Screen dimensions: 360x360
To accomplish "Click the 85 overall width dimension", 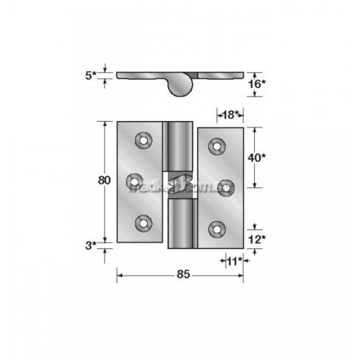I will pos(181,274).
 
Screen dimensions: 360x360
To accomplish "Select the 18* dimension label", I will pos(229,114).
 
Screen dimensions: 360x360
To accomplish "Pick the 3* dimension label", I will pos(91,246).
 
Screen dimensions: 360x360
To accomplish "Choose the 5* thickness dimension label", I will pos(91,73).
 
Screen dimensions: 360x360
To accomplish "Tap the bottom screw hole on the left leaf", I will pos(144,223).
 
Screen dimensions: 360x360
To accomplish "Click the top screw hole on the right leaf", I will pos(215,146).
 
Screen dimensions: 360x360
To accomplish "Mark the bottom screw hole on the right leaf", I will pos(215,229).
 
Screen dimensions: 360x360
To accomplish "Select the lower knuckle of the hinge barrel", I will pos(181,224).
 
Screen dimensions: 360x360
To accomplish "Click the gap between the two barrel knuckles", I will pos(180,184).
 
